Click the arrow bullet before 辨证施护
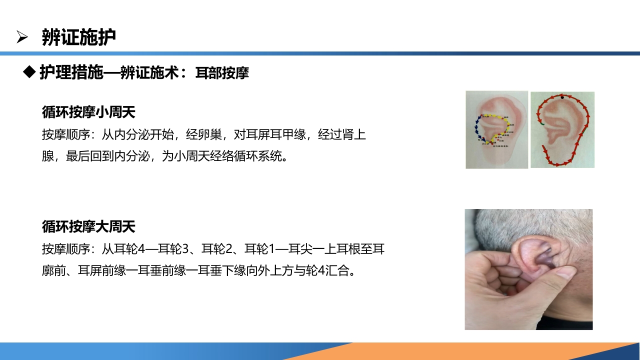(21, 36)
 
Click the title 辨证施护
(79, 37)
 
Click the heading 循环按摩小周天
(88, 112)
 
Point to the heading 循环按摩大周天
(88, 226)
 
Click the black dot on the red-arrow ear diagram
(562, 97)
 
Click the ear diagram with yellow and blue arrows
(496, 129)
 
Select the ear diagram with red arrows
(562, 129)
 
